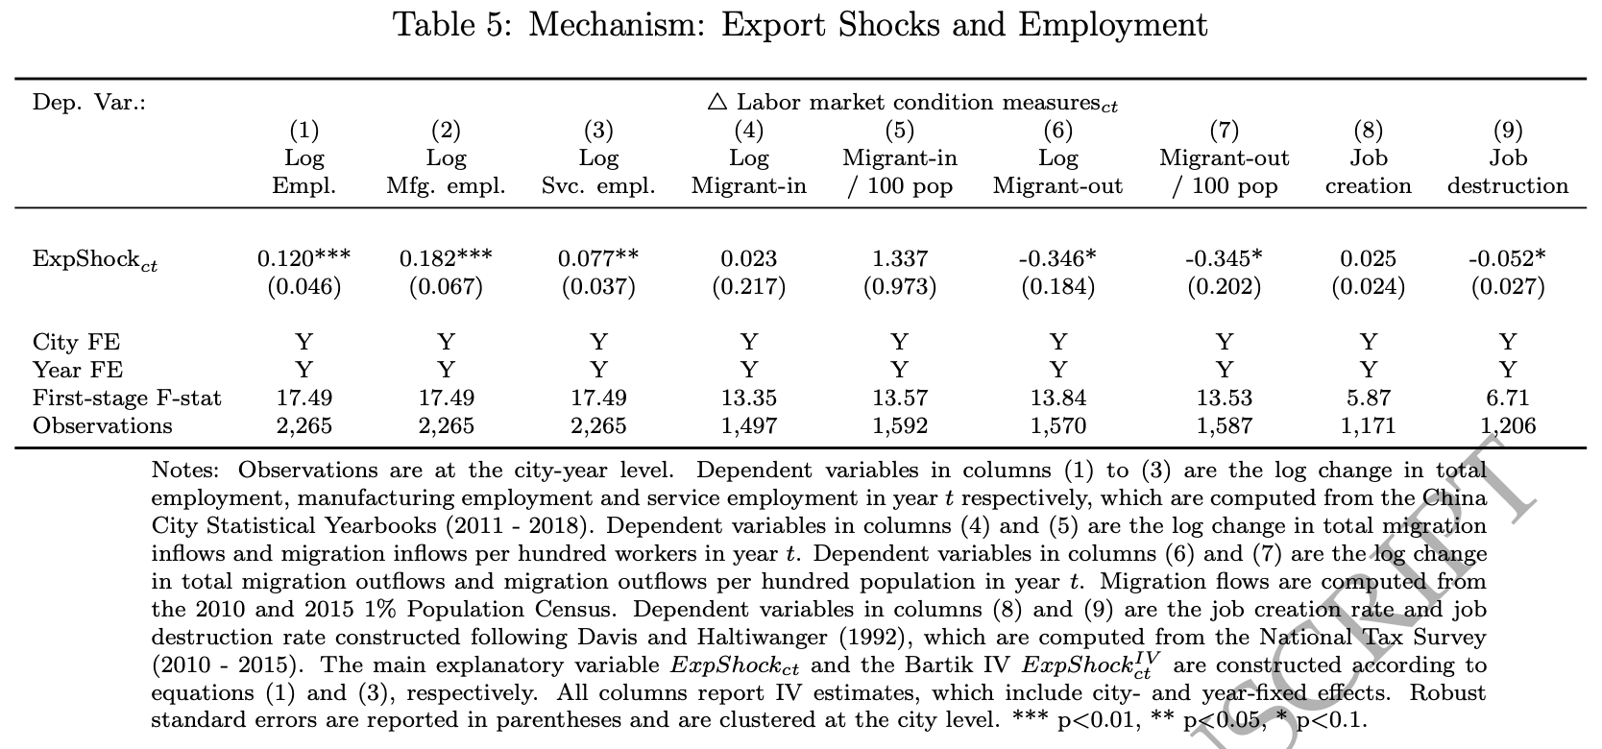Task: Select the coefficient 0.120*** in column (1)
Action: [x=303, y=258]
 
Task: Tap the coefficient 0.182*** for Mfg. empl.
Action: [x=446, y=258]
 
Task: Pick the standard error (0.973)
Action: [x=899, y=286]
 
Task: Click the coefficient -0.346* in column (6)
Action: [x=1057, y=258]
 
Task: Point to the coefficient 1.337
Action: [x=899, y=258]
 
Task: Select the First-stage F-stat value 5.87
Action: [x=1368, y=398]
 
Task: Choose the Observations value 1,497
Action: [x=749, y=425]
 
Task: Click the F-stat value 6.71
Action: [x=1507, y=398]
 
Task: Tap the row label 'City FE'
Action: [x=76, y=342]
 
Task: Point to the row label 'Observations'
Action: [x=103, y=425]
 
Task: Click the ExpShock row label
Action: [x=95, y=260]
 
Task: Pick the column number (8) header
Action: [x=1368, y=130]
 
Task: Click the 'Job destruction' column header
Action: [x=1507, y=172]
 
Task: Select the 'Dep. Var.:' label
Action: [x=89, y=102]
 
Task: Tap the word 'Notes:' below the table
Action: [x=184, y=471]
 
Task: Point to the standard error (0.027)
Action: [x=1507, y=286]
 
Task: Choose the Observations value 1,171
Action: [x=1368, y=425]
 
